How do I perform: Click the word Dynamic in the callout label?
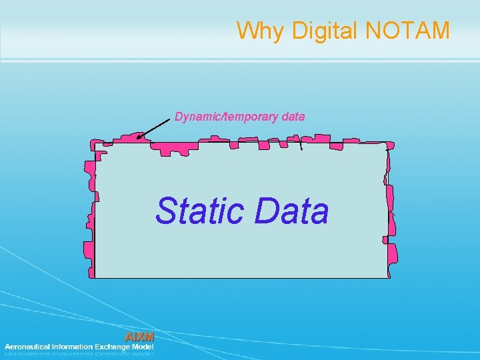(198, 117)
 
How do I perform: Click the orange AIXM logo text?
(139, 337)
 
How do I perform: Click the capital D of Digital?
(291, 31)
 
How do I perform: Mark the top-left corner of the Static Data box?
(95, 143)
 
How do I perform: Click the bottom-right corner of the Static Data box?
(389, 277)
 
